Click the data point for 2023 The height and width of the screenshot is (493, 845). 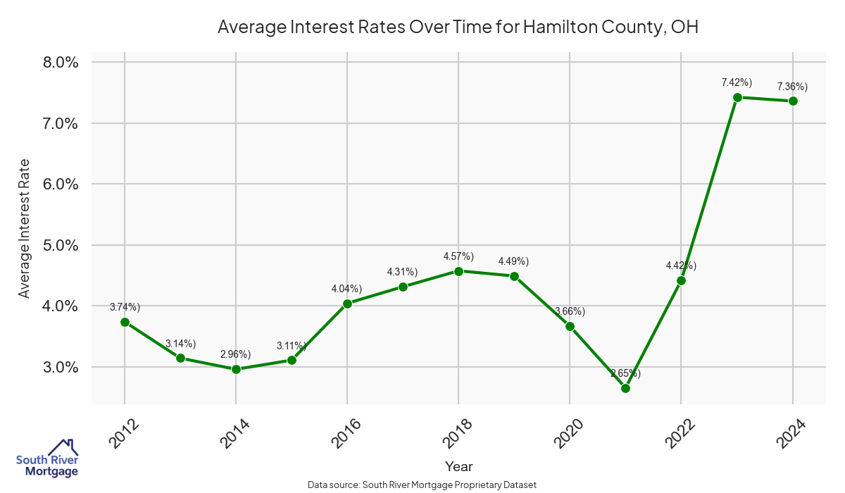point(737,97)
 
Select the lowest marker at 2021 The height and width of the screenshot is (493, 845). point(625,388)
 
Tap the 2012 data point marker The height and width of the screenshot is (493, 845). point(125,322)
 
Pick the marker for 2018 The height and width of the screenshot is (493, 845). point(458,271)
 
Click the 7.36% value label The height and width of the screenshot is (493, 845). point(792,87)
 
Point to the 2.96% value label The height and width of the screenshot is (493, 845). point(236,355)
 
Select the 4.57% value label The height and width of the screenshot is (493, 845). point(458,256)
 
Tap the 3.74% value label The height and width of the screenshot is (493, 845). point(125,307)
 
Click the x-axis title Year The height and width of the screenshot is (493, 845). point(458,466)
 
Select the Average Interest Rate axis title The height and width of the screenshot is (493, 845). point(25,228)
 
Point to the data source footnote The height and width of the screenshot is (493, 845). point(423,485)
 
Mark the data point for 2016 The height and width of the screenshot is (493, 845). point(347,304)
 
